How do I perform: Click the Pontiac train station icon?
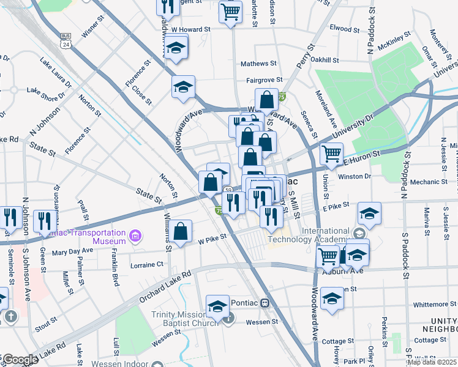(x=265, y=303)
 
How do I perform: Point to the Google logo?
(x=20, y=360)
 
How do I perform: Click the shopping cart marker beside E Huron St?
(x=331, y=154)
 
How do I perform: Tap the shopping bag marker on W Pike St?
(x=181, y=232)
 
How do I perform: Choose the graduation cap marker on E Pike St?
(x=369, y=213)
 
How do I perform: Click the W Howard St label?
(x=190, y=29)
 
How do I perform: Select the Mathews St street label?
(x=254, y=64)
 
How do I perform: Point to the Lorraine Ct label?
(x=147, y=265)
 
